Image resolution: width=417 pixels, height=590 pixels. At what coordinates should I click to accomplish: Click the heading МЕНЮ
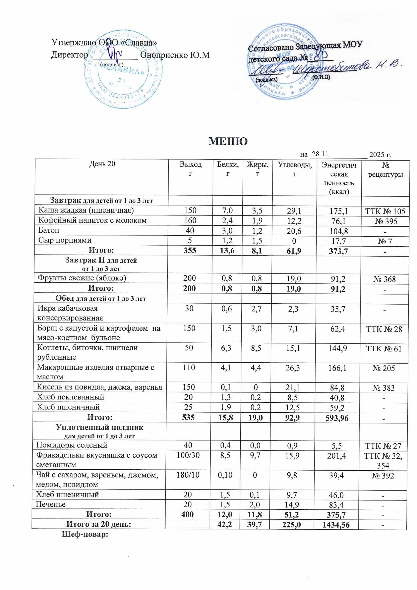[x=228, y=141]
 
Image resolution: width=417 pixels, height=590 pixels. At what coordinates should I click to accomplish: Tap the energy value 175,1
[x=339, y=211]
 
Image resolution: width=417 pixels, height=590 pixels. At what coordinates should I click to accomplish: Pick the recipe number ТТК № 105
[x=385, y=211]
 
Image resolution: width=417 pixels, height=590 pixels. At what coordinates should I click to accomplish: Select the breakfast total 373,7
[x=338, y=251]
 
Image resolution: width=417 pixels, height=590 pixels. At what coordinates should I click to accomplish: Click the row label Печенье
[x=51, y=504]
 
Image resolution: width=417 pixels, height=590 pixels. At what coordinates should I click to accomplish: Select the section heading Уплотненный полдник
[x=100, y=428]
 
